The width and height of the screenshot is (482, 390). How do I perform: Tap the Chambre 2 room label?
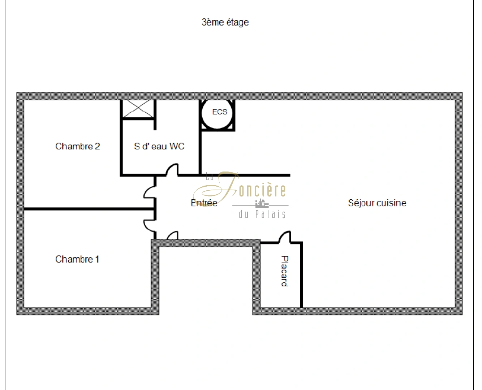78,146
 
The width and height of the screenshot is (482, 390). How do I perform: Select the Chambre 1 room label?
77,259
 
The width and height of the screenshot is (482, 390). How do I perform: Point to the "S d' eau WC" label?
159,146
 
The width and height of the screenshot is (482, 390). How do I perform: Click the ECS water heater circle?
217,114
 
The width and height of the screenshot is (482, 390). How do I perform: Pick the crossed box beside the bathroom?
138,109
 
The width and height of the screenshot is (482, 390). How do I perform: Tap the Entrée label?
204,203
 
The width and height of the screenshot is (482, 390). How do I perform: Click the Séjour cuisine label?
377,203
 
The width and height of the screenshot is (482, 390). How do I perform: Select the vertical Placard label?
285,271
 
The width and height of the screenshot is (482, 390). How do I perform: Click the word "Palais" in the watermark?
270,214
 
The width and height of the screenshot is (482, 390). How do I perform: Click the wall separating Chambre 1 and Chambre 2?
89,209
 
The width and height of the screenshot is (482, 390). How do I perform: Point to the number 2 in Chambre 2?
97,146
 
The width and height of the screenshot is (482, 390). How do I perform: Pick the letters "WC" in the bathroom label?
177,146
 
